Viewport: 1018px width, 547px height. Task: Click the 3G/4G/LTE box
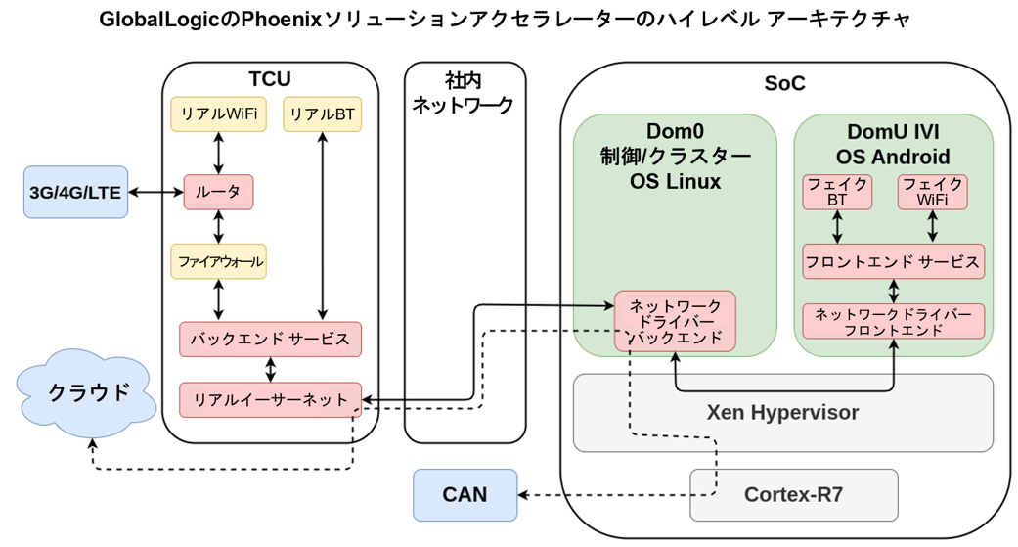[x=76, y=193]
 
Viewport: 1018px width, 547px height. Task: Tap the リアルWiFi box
[x=219, y=114]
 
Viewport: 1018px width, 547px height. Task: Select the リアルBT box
[x=323, y=114]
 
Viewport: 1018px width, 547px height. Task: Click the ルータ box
[x=219, y=193]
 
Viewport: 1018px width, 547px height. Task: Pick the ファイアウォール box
[x=219, y=262]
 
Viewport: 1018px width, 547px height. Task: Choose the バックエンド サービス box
[x=271, y=340]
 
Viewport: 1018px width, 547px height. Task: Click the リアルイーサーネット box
[x=271, y=399]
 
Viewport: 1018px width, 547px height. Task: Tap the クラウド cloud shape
[x=86, y=393]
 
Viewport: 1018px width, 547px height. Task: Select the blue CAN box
[x=465, y=495]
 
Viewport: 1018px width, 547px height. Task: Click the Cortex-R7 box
[x=794, y=495]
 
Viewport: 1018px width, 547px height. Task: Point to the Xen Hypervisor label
[x=783, y=413]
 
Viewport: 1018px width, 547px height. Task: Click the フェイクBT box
[x=837, y=193]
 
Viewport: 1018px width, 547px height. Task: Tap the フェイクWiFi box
[x=933, y=193]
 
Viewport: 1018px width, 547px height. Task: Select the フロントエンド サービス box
[x=894, y=262]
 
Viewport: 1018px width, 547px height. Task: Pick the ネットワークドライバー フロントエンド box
[x=894, y=322]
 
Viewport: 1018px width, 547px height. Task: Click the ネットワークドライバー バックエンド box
[x=675, y=322]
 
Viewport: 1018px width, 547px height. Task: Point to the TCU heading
[x=270, y=79]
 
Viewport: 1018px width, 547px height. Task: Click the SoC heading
[x=785, y=83]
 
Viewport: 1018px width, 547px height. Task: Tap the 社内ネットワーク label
[x=464, y=93]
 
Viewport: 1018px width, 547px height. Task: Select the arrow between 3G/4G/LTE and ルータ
[x=155, y=193]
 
